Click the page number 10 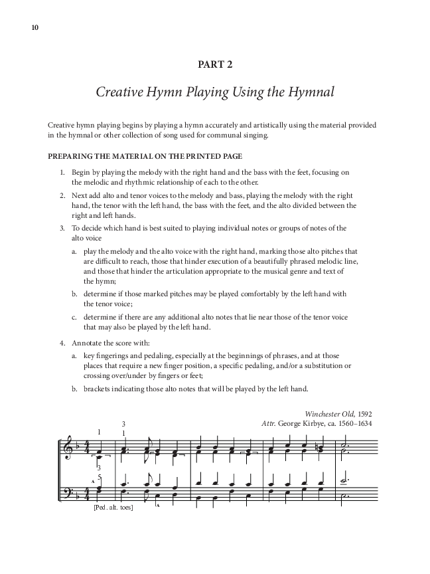click(35, 27)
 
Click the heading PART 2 click(214, 64)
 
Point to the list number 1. click(61, 172)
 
